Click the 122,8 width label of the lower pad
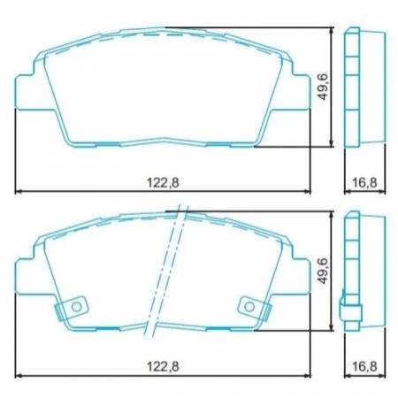pos(162,366)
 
